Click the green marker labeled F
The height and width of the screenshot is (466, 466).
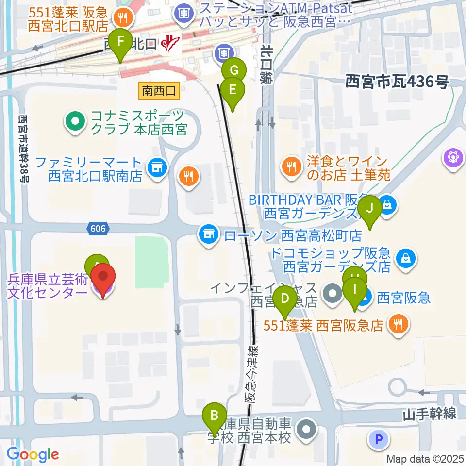pos(120,43)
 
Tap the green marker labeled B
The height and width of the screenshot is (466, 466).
pos(214,416)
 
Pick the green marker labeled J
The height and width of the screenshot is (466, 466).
pos(370,209)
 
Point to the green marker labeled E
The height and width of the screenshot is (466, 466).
pos(233,90)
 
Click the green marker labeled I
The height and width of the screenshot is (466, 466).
pos(355,291)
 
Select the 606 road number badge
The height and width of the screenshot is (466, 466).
pos(98,228)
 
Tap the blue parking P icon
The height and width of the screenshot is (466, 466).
pos(380,440)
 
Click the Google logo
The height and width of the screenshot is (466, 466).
pos(33,454)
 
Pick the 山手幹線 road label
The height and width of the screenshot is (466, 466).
pos(429,414)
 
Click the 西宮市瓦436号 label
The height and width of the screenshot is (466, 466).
pos(397,83)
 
